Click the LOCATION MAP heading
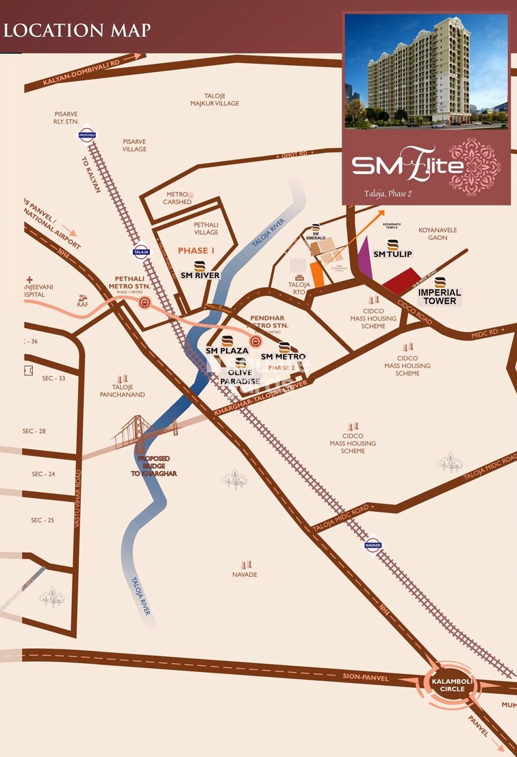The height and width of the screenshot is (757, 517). pyautogui.click(x=77, y=31)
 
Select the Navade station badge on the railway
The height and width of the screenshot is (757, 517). pyautogui.click(x=373, y=546)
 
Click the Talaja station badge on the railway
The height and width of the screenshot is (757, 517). pyautogui.click(x=141, y=251)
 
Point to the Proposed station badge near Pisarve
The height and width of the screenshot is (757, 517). pyautogui.click(x=87, y=134)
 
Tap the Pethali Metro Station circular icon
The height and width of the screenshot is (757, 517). pyautogui.click(x=144, y=302)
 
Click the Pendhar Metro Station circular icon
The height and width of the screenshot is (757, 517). pyautogui.click(x=255, y=341)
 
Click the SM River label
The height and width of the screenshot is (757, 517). pyautogui.click(x=200, y=275)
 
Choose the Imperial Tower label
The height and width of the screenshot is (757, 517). pyautogui.click(x=440, y=297)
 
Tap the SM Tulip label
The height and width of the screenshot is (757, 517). pyautogui.click(x=392, y=254)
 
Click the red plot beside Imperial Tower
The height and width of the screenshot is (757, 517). pyautogui.click(x=401, y=282)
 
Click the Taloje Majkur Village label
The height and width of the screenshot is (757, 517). pyautogui.click(x=214, y=99)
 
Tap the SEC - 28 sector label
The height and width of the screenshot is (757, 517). pyautogui.click(x=34, y=431)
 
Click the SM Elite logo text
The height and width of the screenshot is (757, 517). pyautogui.click(x=407, y=165)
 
